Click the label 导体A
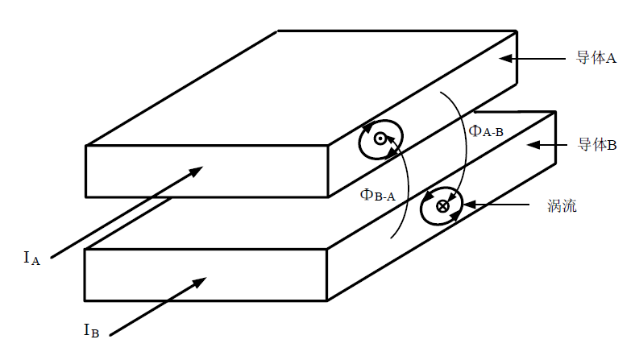pyautogui.click(x=596, y=59)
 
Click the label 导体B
pyautogui.click(x=596, y=145)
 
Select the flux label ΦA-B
pyautogui.click(x=486, y=131)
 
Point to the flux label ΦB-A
pyautogui.click(x=377, y=193)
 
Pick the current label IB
pyautogui.click(x=91, y=329)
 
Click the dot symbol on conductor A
pyautogui.click(x=380, y=139)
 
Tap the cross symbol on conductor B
pyautogui.click(x=442, y=206)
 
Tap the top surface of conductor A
pyautogui.click(x=306, y=89)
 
